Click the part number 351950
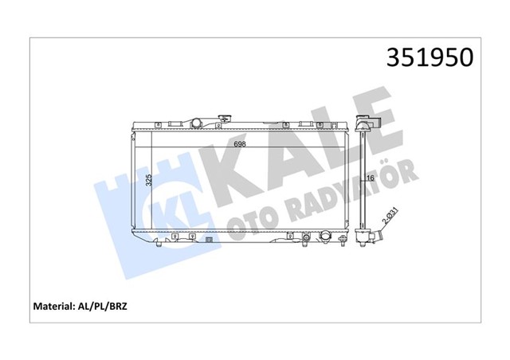click(430, 57)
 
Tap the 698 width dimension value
click(239, 144)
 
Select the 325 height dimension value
click(148, 179)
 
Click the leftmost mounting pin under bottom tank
click(159, 241)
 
